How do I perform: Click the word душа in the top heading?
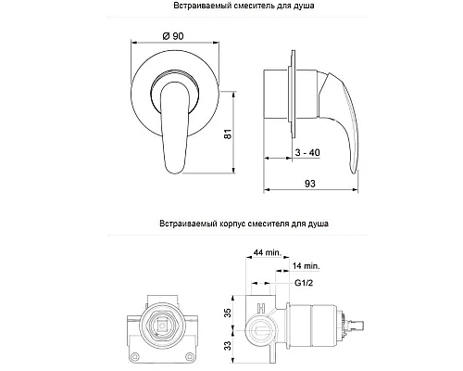[302, 8]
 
